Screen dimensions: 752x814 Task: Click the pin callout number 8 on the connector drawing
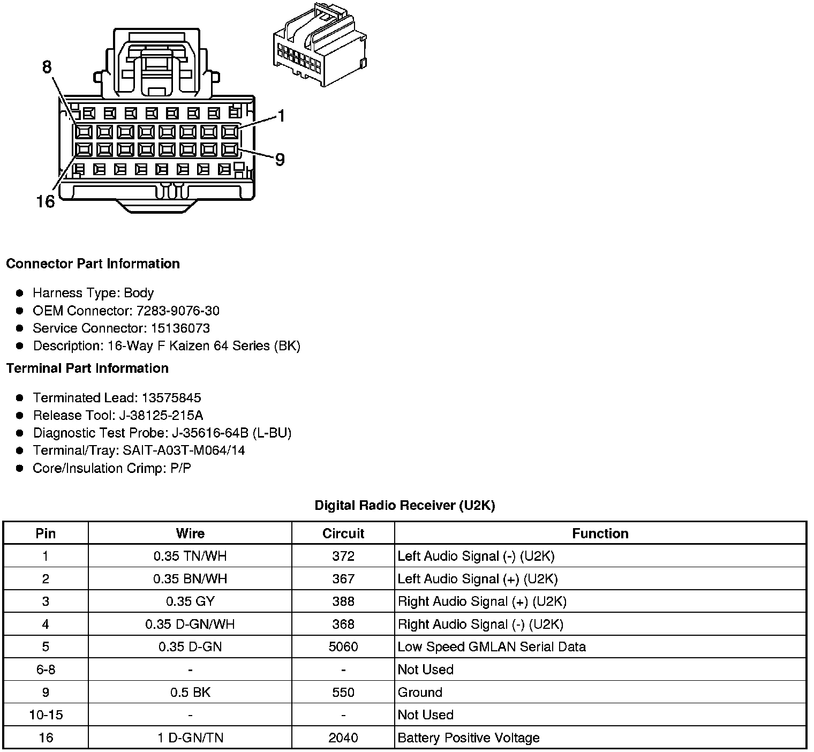(x=47, y=67)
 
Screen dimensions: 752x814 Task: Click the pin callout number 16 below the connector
(x=46, y=201)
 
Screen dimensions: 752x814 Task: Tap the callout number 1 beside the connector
(x=281, y=116)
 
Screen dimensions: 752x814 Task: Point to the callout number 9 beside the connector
(x=280, y=159)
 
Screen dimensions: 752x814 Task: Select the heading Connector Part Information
(x=93, y=264)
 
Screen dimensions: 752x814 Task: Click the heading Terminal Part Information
(x=87, y=368)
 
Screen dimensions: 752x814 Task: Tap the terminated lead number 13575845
(x=171, y=397)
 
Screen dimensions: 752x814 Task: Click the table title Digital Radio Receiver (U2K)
(x=404, y=505)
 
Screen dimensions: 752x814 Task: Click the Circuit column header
(x=343, y=533)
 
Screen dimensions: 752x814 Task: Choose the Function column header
(x=600, y=533)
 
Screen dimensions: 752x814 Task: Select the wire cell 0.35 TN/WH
(x=190, y=556)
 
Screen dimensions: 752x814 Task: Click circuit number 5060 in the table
(x=343, y=646)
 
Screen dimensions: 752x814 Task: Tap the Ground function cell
(x=420, y=692)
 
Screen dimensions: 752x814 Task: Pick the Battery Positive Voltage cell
(x=469, y=738)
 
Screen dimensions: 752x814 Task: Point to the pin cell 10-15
(x=46, y=715)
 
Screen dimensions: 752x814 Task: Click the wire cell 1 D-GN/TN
(x=190, y=738)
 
